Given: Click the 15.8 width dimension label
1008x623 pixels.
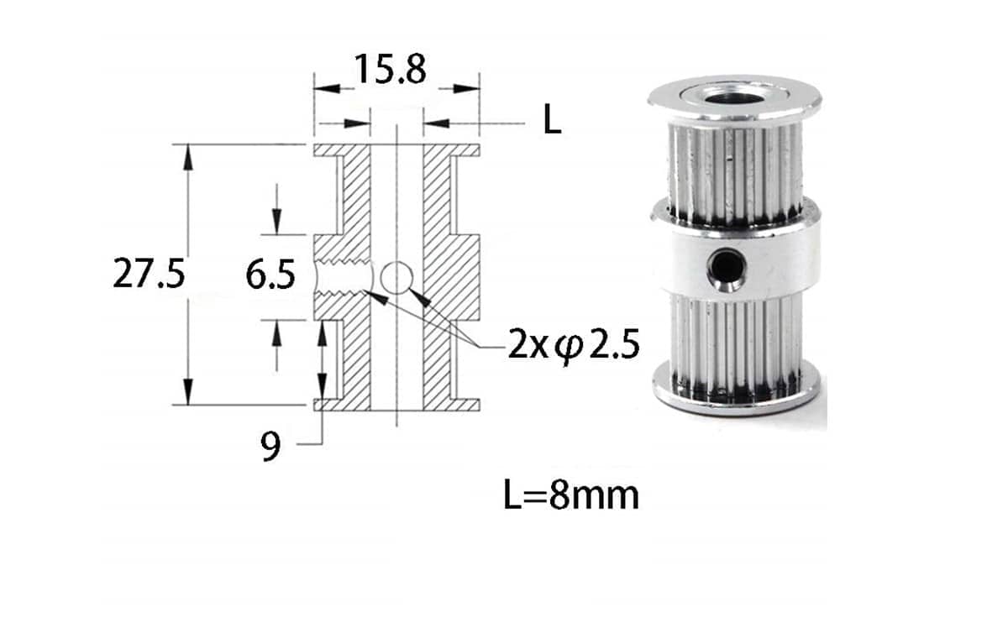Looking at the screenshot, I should (x=390, y=70).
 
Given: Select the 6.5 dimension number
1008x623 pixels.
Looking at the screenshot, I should (x=270, y=275).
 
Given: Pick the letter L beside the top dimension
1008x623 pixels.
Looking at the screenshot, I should (x=551, y=123).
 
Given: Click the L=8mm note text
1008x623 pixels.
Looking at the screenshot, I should (x=571, y=495).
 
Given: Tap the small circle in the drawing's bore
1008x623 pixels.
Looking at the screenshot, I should (x=396, y=275).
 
